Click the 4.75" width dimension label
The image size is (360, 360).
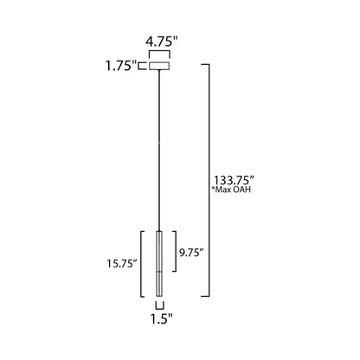[x=162, y=42]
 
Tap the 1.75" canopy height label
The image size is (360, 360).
[x=121, y=66]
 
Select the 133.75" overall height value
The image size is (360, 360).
[x=234, y=181]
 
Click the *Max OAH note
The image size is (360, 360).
[x=231, y=190]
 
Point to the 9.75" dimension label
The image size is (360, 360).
[x=191, y=253]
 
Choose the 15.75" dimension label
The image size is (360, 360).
[x=122, y=263]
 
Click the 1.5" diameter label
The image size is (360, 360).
[x=162, y=318]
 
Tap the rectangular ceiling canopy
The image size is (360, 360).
[x=159, y=66]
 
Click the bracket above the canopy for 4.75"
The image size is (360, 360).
[x=159, y=51]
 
